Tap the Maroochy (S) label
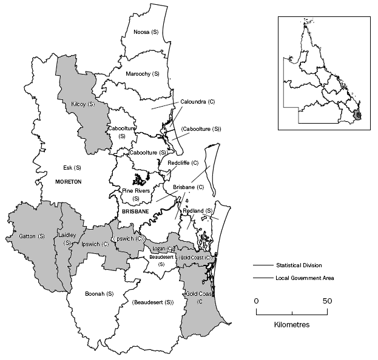pos(142,73)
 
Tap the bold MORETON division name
pos(69,181)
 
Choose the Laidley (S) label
pos(65,238)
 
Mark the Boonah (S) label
pos(100,294)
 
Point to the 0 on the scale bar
pos(256,301)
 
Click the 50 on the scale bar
pos(327,301)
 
